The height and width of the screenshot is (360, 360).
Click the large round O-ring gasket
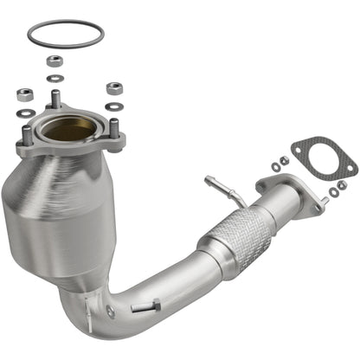[x=65, y=24]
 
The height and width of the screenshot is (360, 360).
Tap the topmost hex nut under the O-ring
[x=55, y=61]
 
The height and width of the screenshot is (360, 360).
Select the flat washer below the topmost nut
[x=56, y=78]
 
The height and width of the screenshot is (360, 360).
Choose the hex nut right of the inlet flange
[x=113, y=88]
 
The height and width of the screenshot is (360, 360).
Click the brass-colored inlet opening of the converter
[x=68, y=129]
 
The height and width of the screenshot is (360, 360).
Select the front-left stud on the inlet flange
[x=28, y=135]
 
